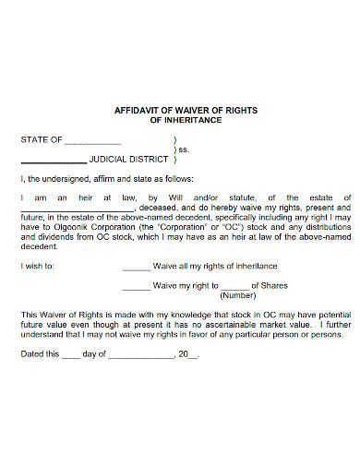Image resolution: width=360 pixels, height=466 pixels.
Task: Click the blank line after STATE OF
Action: pos(92,142)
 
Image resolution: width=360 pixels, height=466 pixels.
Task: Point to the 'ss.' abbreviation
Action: pos(184,149)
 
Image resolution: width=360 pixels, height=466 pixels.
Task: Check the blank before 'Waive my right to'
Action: pos(136,286)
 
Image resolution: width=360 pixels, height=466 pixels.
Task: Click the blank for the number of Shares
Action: pos(235,287)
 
